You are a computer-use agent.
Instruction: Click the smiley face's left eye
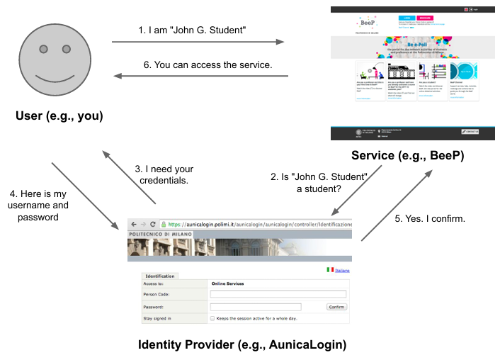44,49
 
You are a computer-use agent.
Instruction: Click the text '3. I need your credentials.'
164,174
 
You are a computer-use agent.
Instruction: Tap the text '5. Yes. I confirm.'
430,219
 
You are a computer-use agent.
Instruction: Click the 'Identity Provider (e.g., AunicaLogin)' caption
242,345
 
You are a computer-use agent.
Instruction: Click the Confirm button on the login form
336,307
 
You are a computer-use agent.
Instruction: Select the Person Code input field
278,294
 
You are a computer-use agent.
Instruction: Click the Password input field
255,307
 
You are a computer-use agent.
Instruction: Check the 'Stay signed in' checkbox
212,319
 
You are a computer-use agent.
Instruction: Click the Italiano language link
342,271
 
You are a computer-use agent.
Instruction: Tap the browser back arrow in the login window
133,224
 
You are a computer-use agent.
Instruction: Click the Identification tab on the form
160,276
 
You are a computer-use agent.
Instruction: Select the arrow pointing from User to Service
198,43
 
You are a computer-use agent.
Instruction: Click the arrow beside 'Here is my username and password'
84,196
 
